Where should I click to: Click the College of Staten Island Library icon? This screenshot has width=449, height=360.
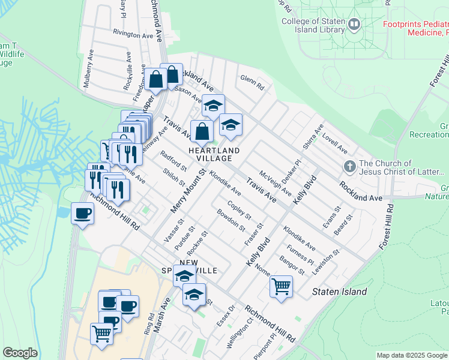coord(354,25)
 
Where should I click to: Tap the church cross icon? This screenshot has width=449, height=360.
coord(349,166)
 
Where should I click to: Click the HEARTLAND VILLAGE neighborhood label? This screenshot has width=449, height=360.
coord(214,154)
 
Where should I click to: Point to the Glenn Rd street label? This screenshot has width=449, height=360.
coord(252,82)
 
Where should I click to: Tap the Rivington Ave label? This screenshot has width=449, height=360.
coord(133,35)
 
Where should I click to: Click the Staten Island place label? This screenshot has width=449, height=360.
coord(339,292)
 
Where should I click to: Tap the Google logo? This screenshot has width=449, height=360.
coord(20,353)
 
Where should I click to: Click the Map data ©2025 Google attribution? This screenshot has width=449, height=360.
coord(412,355)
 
